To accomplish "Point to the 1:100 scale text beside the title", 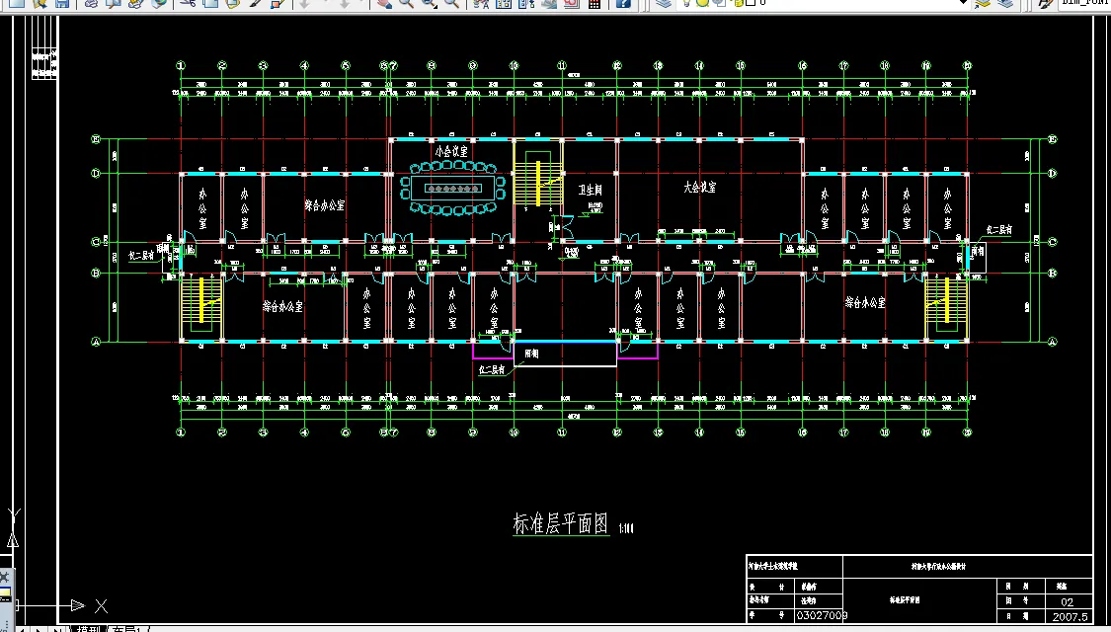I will (626, 528).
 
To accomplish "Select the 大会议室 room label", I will (699, 186).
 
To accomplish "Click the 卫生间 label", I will (590, 189).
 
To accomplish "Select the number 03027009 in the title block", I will (821, 615).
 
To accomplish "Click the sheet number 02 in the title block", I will (1067, 600).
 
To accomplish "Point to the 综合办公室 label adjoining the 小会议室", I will (324, 206).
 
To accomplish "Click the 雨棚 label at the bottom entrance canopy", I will (532, 354).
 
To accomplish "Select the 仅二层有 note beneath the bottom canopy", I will (492, 370).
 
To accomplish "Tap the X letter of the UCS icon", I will (101, 605).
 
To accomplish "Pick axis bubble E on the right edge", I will (1052, 140).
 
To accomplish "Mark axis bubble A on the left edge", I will (97, 343).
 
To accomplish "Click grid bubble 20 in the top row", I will (968, 66).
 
